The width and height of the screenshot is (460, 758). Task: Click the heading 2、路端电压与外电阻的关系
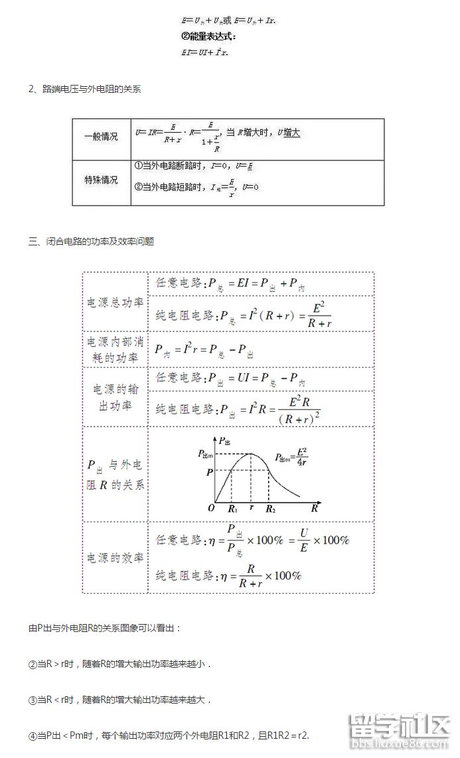(x=84, y=90)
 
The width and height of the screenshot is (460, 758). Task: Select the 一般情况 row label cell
(x=101, y=137)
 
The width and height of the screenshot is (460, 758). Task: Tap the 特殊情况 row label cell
(x=101, y=180)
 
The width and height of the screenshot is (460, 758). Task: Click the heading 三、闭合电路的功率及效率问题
(x=91, y=242)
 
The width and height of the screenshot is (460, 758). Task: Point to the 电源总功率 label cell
(x=115, y=302)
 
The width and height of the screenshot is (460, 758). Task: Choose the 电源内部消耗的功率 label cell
(x=115, y=349)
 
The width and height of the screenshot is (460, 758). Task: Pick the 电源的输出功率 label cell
(x=115, y=397)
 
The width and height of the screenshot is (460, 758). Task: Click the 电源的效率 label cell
(x=115, y=558)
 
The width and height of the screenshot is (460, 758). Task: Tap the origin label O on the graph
(x=211, y=508)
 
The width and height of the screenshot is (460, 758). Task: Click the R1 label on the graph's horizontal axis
(x=232, y=509)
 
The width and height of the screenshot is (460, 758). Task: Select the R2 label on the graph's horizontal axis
(x=271, y=509)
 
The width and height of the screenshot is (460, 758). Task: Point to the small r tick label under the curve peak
(x=251, y=508)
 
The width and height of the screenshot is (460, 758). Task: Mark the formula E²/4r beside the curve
(x=291, y=457)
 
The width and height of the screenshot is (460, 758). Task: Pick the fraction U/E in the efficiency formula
(x=304, y=539)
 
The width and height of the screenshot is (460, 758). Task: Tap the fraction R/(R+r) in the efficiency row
(x=250, y=576)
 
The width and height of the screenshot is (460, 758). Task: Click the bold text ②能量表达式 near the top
(x=208, y=36)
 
